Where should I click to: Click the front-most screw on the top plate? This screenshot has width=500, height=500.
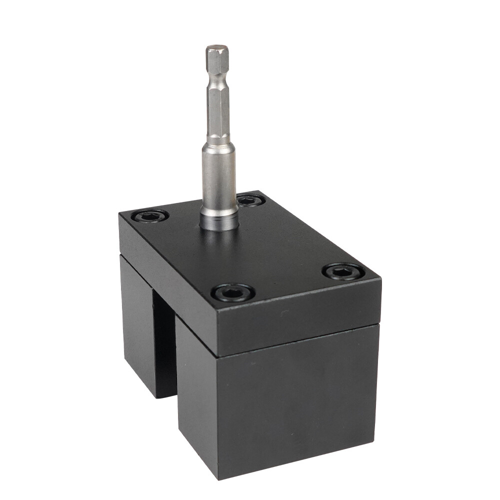click(x=232, y=292)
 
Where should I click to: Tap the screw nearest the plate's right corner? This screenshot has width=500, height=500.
click(x=343, y=271)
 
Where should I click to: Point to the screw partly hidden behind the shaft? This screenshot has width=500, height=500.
click(x=250, y=200)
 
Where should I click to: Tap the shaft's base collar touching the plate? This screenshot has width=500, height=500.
click(x=219, y=220)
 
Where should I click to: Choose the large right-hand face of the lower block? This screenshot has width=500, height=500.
click(x=300, y=400)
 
